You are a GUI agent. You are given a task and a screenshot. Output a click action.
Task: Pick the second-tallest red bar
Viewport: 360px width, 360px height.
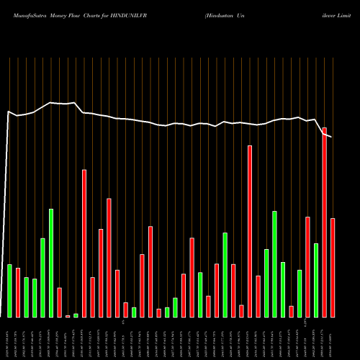[250, 230]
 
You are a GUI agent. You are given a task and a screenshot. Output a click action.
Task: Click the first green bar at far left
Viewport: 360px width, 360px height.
[9, 290]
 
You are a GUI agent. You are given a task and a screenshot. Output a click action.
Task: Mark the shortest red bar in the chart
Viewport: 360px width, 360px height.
[68, 316]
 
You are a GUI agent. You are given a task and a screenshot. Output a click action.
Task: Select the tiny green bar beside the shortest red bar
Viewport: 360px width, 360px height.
[76, 315]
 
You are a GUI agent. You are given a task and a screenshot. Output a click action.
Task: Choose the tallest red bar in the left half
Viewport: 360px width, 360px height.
[84, 243]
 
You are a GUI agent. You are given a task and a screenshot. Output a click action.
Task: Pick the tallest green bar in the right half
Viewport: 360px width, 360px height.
[274, 264]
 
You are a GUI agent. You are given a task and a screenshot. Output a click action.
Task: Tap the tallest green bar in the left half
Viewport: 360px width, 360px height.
[51, 262]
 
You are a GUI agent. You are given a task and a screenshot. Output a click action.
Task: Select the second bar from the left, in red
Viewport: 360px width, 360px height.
[18, 292]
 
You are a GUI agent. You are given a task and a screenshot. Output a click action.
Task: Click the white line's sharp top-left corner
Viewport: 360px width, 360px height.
[9, 112]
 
